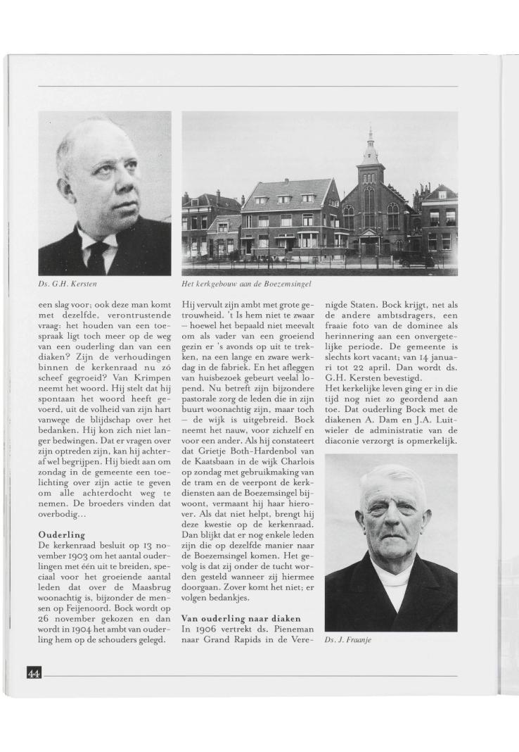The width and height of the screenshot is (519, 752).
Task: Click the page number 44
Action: (34, 674)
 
